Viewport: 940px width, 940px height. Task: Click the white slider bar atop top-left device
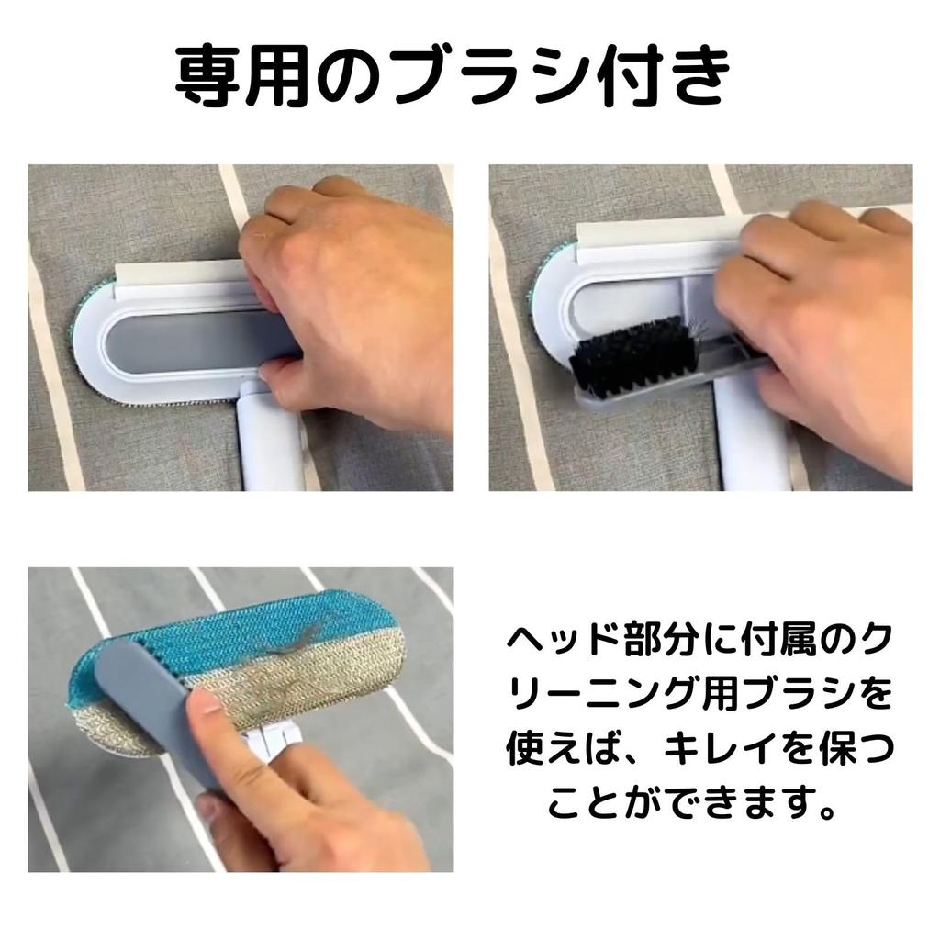click(184, 272)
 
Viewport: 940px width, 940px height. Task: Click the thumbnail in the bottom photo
click(203, 712)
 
